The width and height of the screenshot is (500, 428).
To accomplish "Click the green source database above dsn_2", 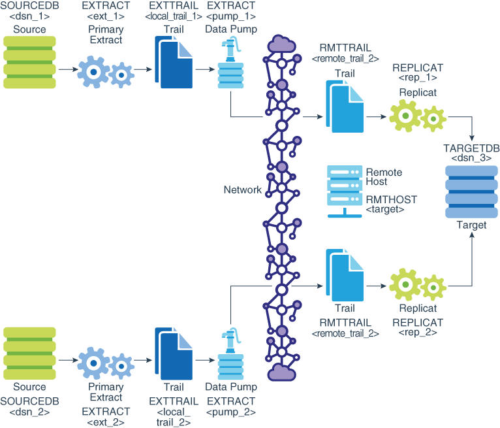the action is point(29,354).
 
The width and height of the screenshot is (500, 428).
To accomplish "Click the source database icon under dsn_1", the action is point(29,62).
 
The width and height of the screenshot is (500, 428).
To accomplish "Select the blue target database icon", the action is point(471,191).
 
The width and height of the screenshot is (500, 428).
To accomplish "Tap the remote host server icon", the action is point(345,191).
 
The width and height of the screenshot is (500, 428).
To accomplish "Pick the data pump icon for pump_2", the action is point(231,354).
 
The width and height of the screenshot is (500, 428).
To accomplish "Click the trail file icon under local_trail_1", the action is point(174,62).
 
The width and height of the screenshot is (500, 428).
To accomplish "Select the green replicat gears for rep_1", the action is point(418,116).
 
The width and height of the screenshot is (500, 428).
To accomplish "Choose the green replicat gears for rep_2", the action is point(418,285).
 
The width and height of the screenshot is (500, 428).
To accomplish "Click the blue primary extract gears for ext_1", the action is point(106,72).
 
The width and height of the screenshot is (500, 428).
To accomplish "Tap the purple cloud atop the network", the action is point(281,44).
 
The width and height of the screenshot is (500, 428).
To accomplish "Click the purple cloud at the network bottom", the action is point(281,372).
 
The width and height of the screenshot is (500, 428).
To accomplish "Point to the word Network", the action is point(243,189).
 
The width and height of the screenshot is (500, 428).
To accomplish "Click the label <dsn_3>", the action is point(471,158).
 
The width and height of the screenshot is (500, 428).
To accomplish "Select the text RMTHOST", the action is point(392,199).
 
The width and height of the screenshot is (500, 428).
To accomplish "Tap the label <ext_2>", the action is point(106,422).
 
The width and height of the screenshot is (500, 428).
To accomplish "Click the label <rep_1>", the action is point(418,78).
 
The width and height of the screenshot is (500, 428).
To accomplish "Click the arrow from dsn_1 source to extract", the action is point(69,69).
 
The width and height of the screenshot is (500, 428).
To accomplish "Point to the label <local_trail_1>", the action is point(174,16).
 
